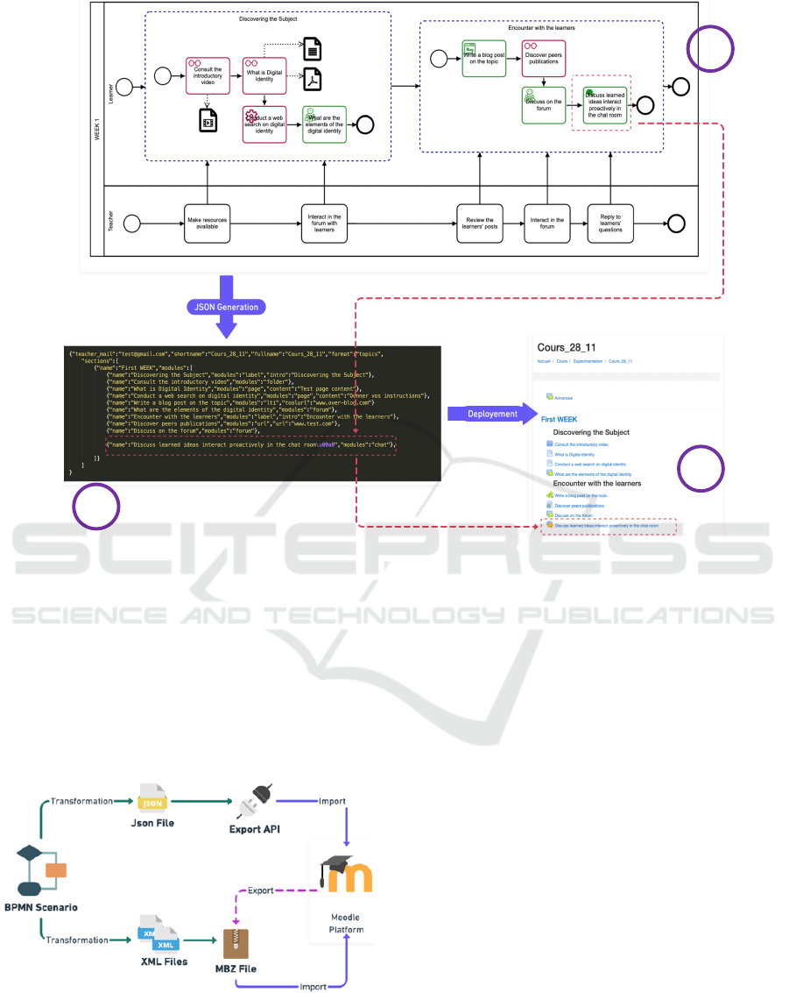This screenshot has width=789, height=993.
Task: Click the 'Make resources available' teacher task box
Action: click(x=208, y=223)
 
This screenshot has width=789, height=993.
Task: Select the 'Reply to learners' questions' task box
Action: click(x=611, y=223)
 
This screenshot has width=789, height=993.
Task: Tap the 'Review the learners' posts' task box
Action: click(x=480, y=223)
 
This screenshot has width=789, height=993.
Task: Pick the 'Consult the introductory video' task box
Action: click(x=208, y=76)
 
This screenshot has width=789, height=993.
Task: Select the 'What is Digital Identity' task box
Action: click(x=264, y=75)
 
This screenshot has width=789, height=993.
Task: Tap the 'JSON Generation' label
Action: click(x=226, y=307)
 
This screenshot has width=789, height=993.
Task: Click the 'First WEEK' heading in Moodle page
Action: click(x=559, y=420)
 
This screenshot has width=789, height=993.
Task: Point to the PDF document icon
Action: click(x=312, y=79)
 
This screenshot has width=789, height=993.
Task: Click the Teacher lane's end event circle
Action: click(x=676, y=223)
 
